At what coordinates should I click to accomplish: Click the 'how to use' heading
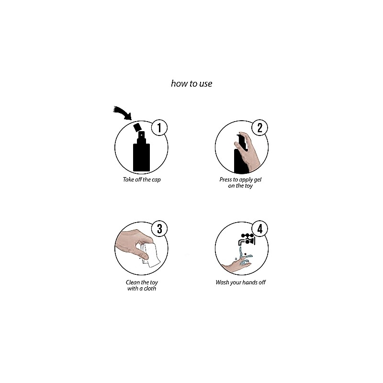[191, 83]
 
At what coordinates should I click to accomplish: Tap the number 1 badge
[159, 127]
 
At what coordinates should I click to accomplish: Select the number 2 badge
[259, 127]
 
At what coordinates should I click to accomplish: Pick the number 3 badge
[159, 229]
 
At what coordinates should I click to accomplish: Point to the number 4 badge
[259, 229]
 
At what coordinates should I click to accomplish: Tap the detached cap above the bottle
[137, 127]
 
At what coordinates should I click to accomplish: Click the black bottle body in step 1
[141, 158]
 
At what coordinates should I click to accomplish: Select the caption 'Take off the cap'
[142, 180]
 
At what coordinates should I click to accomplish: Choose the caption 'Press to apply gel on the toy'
[240, 182]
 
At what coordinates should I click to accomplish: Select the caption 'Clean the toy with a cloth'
[142, 285]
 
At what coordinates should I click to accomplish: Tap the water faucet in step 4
[247, 239]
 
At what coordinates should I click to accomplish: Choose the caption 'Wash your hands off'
[241, 282]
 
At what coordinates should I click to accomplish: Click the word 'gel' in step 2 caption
[258, 180]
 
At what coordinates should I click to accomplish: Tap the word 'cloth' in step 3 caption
[150, 289]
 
